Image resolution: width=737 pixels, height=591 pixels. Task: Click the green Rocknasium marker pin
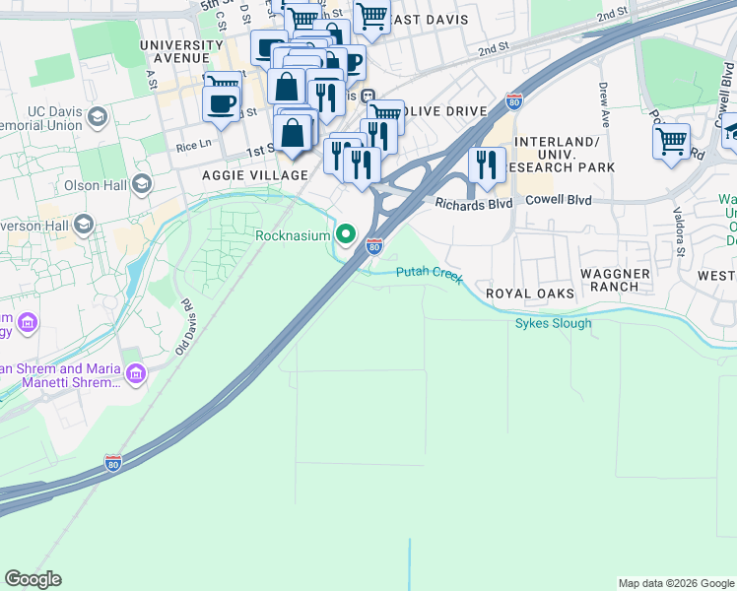coord(345,234)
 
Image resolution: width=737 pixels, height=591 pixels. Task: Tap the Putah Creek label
coord(429,275)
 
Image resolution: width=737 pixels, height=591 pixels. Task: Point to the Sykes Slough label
coord(553,323)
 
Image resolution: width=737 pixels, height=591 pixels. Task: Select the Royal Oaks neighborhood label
coord(530,294)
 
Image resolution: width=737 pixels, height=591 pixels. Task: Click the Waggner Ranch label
coord(615,280)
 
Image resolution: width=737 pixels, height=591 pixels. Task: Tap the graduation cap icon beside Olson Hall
coord(142,184)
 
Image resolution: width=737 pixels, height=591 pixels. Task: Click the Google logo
coord(33,579)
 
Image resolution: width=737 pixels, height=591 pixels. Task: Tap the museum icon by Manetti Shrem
coord(136,373)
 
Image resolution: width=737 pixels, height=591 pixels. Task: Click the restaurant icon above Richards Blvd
coord(486,164)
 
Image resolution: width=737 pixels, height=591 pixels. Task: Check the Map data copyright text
coord(675,583)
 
